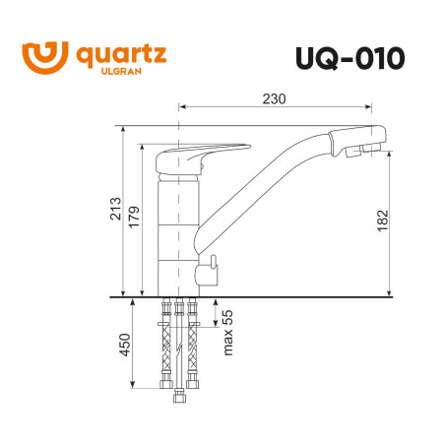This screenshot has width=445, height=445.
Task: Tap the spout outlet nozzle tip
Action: tap(363, 151)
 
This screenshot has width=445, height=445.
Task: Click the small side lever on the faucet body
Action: tap(210, 267)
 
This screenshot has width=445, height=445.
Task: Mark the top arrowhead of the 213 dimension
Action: tap(125, 129)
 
